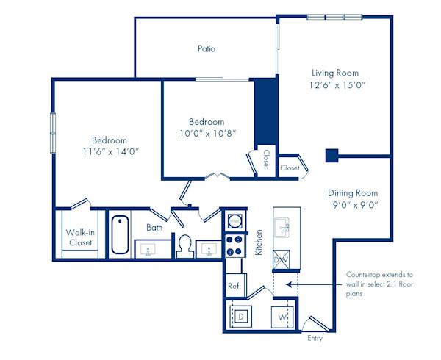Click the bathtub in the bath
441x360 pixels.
[120, 234]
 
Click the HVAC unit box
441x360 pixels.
[235, 220]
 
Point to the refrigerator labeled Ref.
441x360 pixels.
[234, 286]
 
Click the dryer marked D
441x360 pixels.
[243, 317]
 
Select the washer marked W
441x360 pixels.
[282, 317]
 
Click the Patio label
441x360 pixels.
[207, 49]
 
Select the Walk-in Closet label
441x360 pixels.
[80, 238]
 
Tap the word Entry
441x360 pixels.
[315, 339]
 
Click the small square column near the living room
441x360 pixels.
[331, 155]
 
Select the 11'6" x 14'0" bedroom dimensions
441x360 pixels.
[110, 151]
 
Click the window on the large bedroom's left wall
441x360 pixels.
[52, 133]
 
